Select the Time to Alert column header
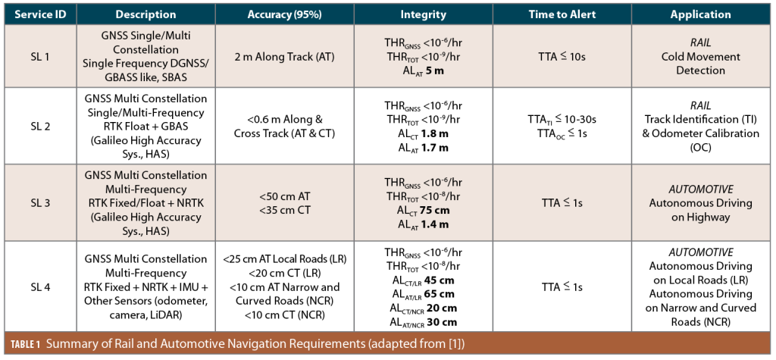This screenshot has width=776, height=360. point(562,14)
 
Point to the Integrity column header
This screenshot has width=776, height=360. point(423,14)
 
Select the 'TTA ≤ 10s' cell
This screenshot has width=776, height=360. point(562,56)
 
